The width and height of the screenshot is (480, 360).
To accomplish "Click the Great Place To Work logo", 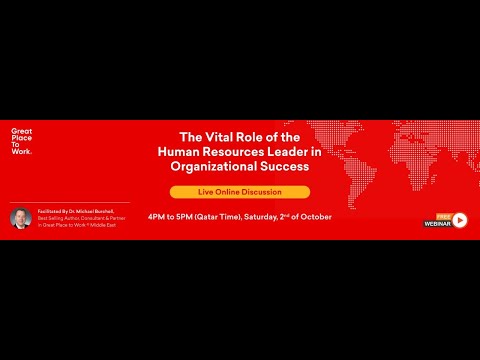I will tap(21, 142).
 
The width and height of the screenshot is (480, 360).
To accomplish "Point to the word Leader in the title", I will tap(285, 152).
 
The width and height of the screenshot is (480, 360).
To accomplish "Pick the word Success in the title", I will tap(283, 167).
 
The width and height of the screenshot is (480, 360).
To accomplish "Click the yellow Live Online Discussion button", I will tap(240, 192).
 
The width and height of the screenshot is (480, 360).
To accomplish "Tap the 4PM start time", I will tap(158, 216).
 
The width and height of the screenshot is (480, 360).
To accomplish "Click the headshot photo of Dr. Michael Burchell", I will tap(21, 218).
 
